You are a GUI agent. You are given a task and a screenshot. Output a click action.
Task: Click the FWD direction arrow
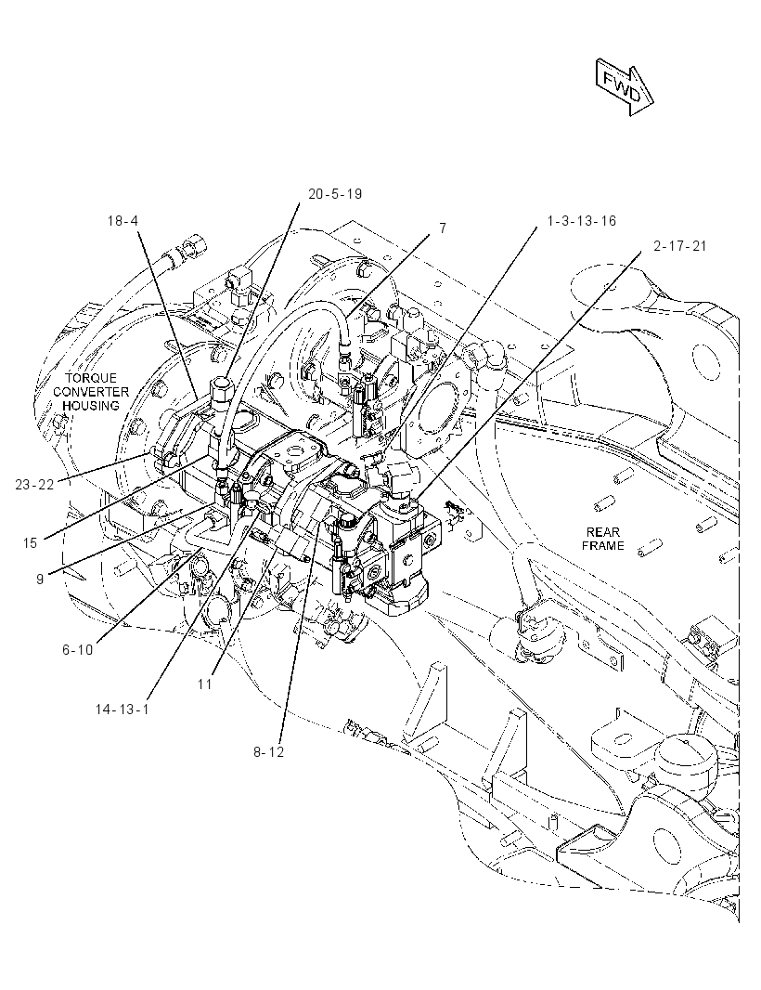(624, 87)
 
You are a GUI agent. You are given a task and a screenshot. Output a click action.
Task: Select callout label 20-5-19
(335, 194)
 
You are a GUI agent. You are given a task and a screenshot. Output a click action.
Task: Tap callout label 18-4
(123, 220)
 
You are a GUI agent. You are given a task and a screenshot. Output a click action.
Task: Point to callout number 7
(443, 228)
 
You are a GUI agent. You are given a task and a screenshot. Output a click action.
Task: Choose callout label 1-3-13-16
(581, 221)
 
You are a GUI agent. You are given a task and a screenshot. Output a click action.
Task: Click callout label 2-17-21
(680, 245)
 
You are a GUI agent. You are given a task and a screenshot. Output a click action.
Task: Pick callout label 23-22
(34, 484)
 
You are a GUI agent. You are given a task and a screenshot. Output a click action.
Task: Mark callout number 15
(31, 542)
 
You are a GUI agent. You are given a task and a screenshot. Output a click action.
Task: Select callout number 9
(40, 579)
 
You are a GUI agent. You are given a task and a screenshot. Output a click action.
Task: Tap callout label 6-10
(78, 650)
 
